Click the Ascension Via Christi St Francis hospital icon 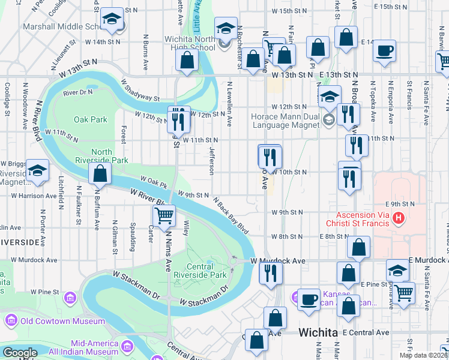(x=397, y=218)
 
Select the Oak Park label (x=90, y=119)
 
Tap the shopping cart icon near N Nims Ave (x=164, y=215)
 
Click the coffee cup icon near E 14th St (x=385, y=50)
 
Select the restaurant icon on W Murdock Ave (x=270, y=272)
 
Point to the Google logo (x=19, y=353)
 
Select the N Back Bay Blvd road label (x=230, y=215)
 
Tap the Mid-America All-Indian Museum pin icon (x=127, y=347)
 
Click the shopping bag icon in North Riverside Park (x=100, y=174)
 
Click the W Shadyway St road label (x=140, y=90)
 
